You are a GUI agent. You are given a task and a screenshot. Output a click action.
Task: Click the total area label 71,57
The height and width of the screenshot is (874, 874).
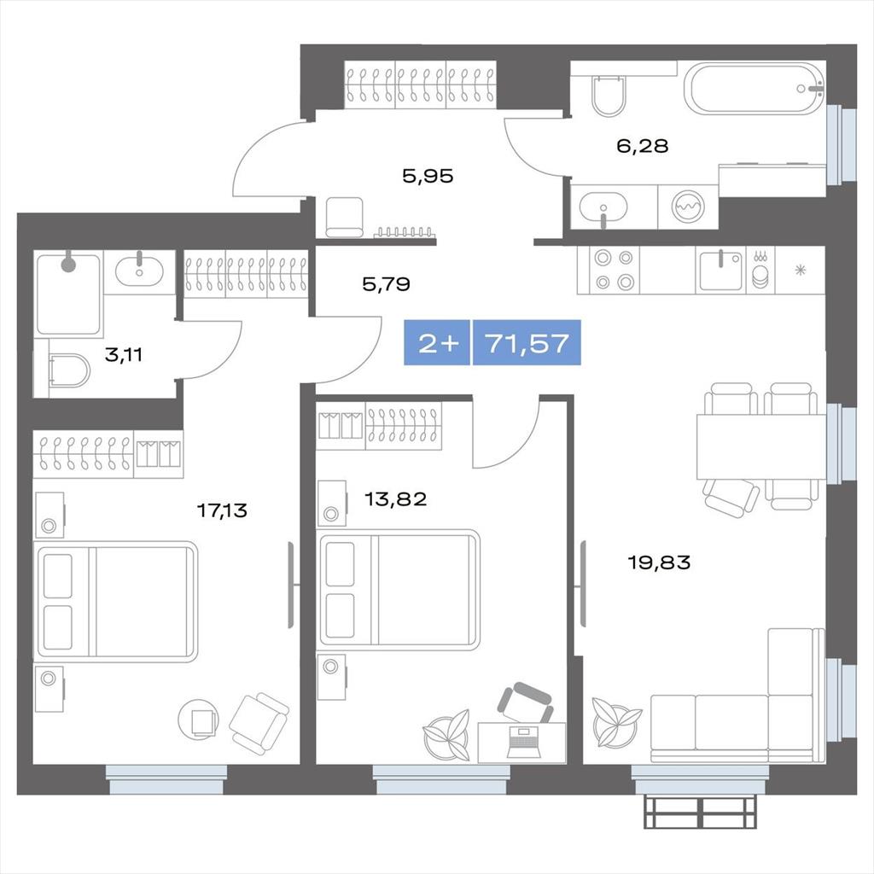[x=527, y=343]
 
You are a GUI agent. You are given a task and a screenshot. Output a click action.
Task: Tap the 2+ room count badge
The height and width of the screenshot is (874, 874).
[x=438, y=343]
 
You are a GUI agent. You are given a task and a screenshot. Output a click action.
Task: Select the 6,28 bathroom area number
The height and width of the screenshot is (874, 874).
[x=642, y=146]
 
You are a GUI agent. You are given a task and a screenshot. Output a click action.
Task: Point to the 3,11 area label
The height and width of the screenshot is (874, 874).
[x=124, y=354]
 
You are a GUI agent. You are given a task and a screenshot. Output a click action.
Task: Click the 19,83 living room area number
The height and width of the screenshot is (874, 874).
[x=660, y=562]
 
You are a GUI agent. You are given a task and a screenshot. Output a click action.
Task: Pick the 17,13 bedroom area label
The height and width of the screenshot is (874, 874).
[x=223, y=510]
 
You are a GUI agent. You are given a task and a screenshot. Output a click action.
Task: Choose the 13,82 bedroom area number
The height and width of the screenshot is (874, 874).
[x=396, y=498]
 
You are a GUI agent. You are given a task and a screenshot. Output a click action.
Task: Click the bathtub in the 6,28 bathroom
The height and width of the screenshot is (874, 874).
[x=756, y=89]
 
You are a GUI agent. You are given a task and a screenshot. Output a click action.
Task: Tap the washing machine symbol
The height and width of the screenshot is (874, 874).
[x=689, y=207]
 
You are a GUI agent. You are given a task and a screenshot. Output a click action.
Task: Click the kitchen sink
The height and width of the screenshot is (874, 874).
[x=720, y=271]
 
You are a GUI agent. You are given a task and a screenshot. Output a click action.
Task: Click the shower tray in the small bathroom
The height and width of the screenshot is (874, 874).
[x=68, y=294]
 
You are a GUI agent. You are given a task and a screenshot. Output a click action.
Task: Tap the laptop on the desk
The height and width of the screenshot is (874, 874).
[x=523, y=743]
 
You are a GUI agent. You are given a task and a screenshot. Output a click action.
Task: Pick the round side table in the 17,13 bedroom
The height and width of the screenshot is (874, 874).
[x=198, y=719]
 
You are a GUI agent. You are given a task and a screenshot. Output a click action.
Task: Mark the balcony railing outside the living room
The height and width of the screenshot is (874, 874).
[x=701, y=813]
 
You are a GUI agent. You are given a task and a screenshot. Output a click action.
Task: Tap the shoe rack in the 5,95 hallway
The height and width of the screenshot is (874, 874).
[x=404, y=232]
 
